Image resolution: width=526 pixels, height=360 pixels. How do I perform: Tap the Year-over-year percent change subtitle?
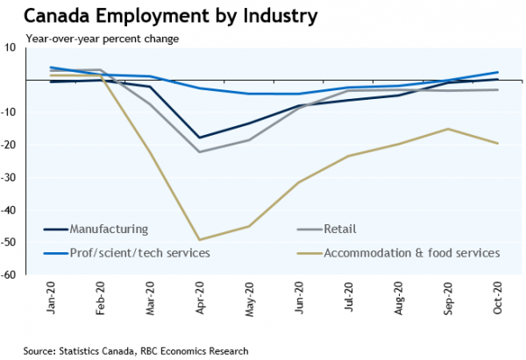(103, 39)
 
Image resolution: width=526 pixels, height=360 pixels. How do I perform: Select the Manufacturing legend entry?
(106, 229)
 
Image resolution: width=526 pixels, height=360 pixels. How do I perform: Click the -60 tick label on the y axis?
(11, 274)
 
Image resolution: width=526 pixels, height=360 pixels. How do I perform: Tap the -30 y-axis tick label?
(11, 177)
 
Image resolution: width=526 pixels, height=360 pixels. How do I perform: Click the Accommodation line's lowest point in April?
(202, 240)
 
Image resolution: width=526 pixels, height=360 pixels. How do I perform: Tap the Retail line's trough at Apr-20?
(202, 152)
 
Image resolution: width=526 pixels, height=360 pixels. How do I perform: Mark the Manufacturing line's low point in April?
(202, 138)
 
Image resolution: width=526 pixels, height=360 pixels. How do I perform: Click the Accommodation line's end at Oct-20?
(499, 144)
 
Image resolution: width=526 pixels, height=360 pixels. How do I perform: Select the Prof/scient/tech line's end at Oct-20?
(499, 72)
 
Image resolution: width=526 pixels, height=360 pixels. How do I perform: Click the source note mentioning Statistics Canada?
(136, 350)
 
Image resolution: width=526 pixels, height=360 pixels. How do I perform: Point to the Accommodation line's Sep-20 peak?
(449, 129)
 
